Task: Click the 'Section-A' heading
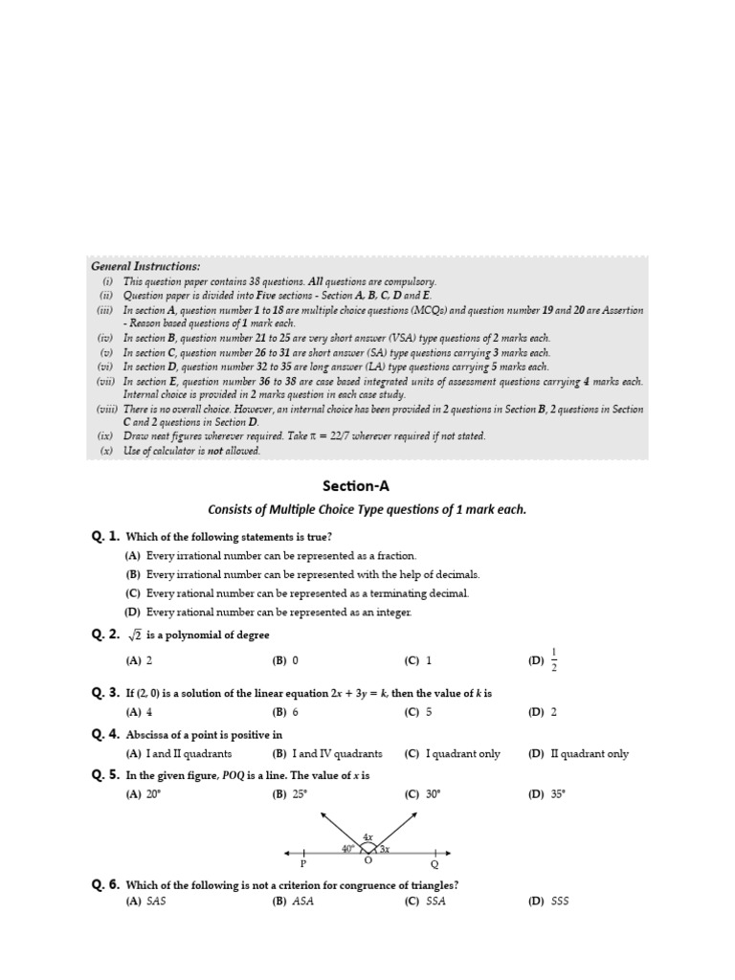367,485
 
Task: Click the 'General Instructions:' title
145,266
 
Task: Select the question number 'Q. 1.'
105,537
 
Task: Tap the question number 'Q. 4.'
105,734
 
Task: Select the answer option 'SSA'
436,901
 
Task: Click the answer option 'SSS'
560,901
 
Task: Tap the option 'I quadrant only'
463,754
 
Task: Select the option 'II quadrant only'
590,754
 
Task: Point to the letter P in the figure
303,863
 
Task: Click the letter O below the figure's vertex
368,859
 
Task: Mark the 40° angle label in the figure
348,848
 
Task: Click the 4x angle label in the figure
367,836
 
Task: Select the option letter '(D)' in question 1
133,612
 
